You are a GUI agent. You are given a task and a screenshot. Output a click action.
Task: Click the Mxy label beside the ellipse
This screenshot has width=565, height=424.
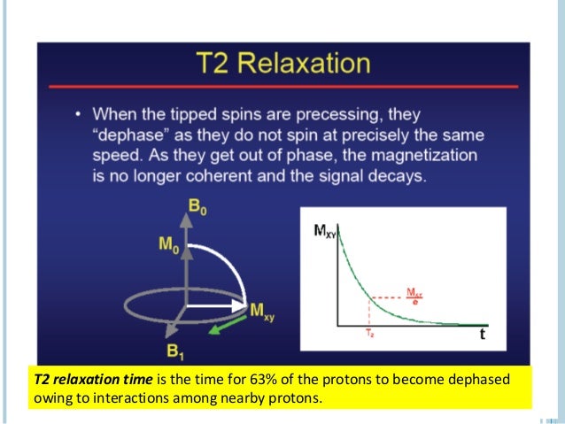point(265,310)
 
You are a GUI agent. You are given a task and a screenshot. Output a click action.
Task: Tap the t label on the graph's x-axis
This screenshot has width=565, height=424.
point(481,335)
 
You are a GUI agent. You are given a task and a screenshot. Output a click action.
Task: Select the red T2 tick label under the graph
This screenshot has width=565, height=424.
point(369,335)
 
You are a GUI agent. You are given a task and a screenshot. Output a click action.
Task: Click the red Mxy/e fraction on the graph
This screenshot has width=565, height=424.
point(414,294)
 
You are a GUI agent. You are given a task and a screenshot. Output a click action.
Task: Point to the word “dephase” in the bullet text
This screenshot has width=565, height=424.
point(162,135)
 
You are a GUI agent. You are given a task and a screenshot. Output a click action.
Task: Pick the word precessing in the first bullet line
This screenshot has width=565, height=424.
point(367,115)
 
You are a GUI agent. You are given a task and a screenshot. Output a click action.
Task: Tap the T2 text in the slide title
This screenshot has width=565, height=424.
point(220,64)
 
